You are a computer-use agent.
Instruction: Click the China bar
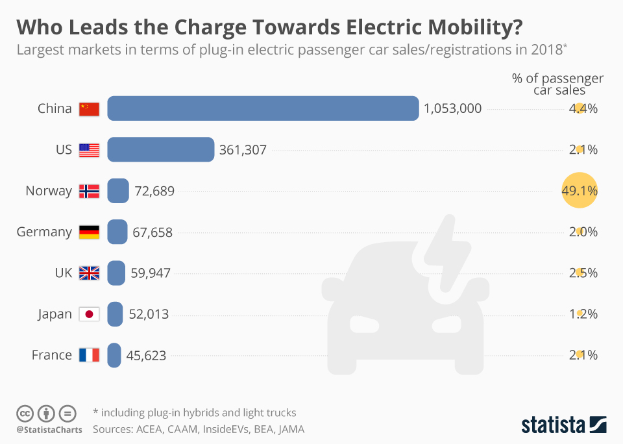(x=263, y=108)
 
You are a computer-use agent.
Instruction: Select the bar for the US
(x=160, y=149)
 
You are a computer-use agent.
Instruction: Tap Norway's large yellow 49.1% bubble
(x=578, y=190)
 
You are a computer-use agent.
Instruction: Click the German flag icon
(x=89, y=232)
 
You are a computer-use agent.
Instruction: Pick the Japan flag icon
(x=89, y=314)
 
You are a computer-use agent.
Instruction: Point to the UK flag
(x=89, y=273)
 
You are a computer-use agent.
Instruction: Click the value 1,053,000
(x=452, y=108)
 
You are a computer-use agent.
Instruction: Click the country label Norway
(x=49, y=191)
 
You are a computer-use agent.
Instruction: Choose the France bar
(x=114, y=355)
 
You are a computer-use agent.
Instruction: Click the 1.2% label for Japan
(x=583, y=314)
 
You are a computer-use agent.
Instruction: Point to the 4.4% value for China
(x=583, y=108)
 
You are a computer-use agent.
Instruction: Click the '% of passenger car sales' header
(x=557, y=84)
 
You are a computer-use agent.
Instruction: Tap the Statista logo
(x=563, y=425)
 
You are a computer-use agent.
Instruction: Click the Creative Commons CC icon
(x=25, y=413)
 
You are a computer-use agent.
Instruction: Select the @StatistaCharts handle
(x=49, y=429)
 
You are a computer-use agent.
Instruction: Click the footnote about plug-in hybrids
(x=194, y=412)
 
